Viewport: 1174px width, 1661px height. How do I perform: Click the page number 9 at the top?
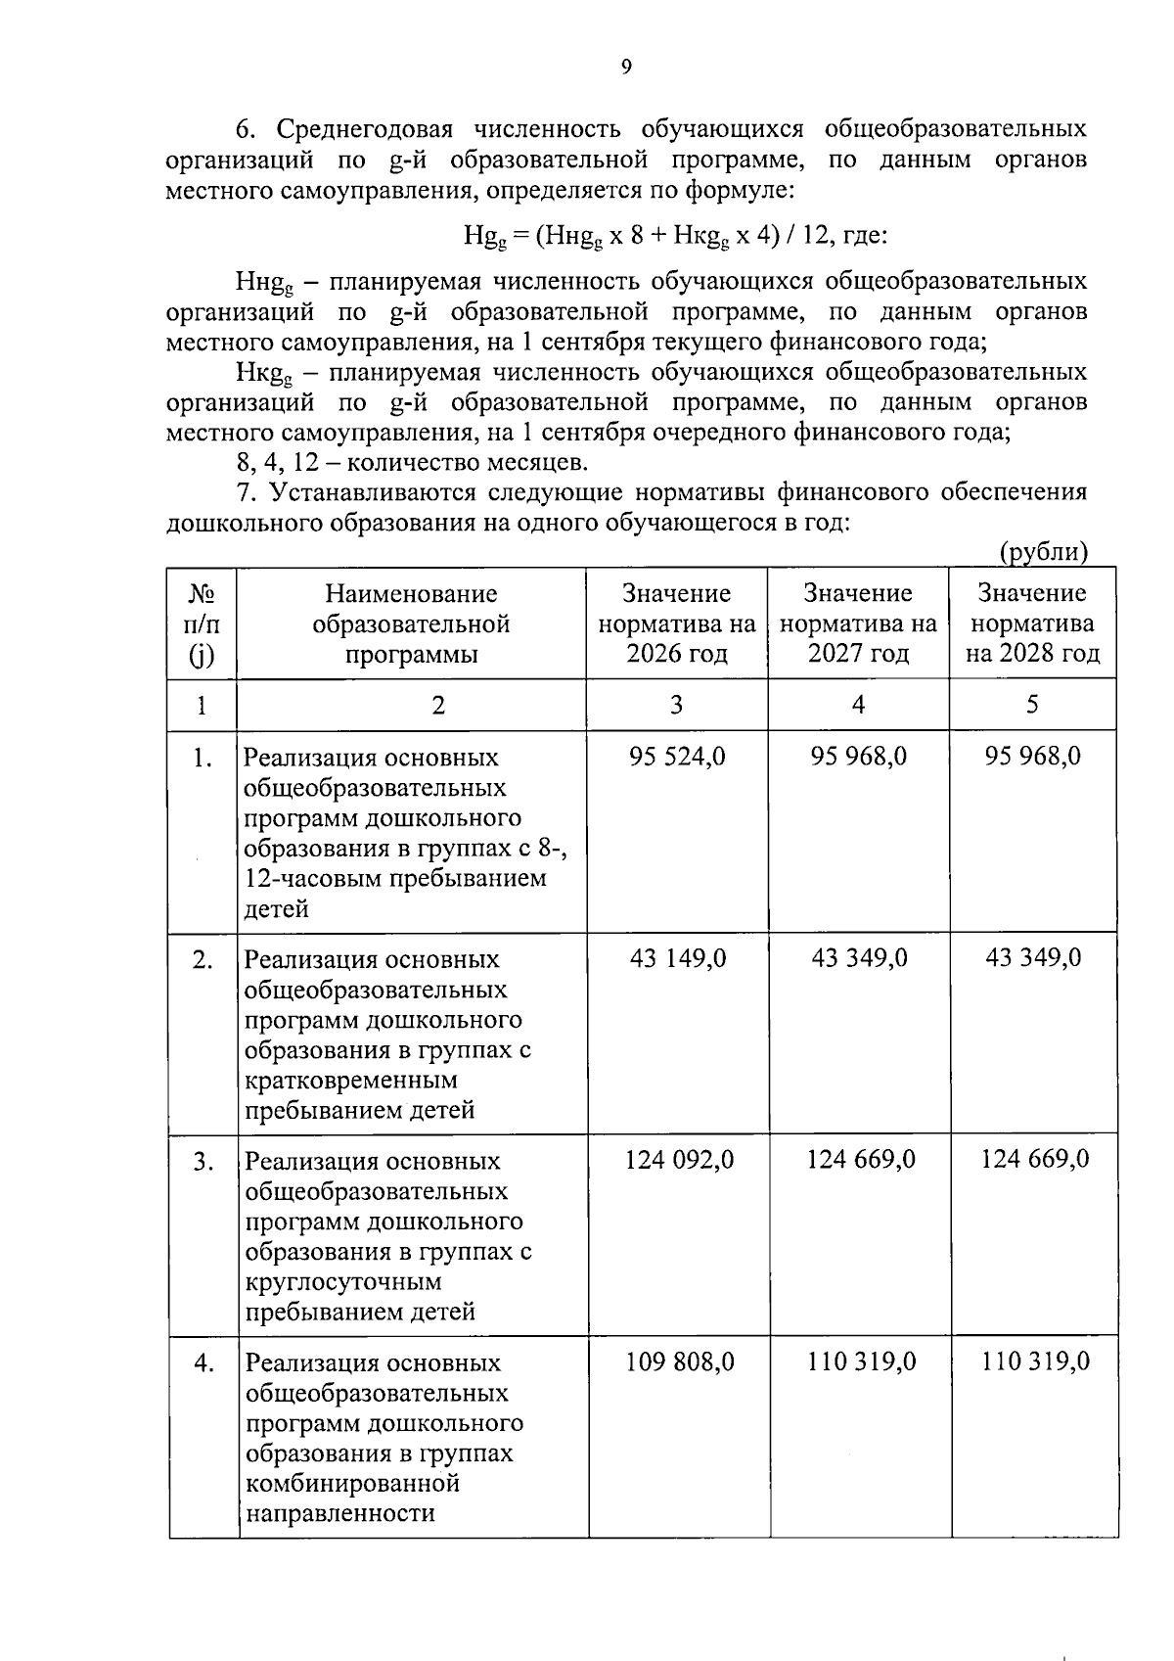(626, 67)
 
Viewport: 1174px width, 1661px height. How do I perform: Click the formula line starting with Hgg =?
(675, 236)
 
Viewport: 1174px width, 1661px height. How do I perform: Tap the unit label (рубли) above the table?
(1044, 552)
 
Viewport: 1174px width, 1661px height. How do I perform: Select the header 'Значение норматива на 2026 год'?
(677, 623)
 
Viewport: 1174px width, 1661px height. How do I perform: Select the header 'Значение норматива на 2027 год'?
(858, 623)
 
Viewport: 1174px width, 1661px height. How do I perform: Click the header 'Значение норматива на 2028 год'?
(1033, 623)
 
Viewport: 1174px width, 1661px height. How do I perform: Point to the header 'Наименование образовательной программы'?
(411, 623)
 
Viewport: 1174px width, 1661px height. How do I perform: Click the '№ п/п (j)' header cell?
(202, 623)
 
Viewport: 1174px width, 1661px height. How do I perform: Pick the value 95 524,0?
(677, 757)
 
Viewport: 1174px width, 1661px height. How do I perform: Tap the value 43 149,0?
(677, 958)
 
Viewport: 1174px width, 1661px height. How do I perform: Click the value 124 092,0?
(679, 1160)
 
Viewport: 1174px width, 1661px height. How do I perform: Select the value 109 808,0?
(679, 1361)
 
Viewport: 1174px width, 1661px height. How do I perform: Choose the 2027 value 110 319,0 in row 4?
(861, 1361)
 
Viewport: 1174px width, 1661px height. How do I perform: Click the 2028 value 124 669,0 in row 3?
(1035, 1160)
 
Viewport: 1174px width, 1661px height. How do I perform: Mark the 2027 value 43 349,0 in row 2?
(859, 958)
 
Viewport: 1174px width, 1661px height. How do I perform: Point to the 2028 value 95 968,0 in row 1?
(1033, 757)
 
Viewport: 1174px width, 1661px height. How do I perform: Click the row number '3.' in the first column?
(203, 1162)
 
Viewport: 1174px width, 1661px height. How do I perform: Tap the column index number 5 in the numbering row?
(1032, 705)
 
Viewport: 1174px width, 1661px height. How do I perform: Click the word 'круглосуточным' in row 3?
(343, 1282)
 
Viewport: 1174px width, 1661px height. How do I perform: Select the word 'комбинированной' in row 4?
(352, 1484)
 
